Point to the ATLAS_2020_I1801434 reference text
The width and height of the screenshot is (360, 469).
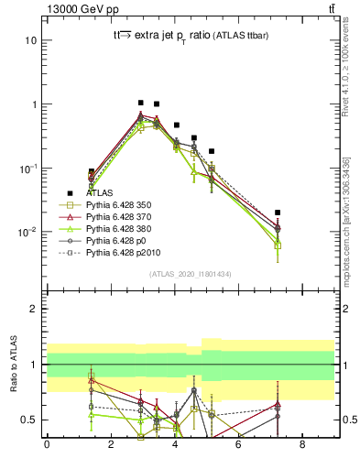click(190, 274)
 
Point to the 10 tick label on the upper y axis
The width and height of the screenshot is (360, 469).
click(31, 40)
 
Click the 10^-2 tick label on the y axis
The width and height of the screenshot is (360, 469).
click(27, 232)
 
